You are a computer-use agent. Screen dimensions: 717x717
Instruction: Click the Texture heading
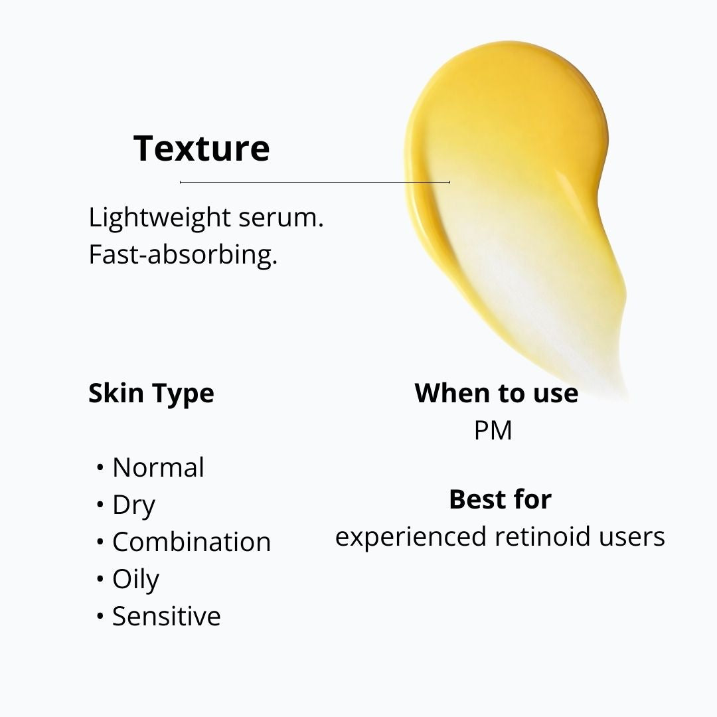[201, 148]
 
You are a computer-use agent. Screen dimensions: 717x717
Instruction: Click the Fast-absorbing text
[183, 255]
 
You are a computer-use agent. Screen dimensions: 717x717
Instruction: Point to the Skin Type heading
[151, 393]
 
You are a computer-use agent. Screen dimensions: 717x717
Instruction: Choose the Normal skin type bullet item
[158, 467]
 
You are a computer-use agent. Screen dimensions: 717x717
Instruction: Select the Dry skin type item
[133, 505]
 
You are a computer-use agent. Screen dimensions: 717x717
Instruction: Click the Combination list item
[191, 542]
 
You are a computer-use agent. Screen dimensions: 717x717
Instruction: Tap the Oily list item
[135, 579]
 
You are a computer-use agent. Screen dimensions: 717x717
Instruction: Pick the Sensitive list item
[166, 616]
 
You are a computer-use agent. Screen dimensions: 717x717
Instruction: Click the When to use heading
[496, 393]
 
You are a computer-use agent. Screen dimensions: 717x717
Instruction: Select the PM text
[493, 430]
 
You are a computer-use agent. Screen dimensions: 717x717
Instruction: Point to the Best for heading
[500, 499]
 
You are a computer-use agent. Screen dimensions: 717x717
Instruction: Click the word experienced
[411, 536]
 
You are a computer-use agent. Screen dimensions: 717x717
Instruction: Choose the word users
[634, 536]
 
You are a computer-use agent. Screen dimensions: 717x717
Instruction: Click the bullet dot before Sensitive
[100, 617]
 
